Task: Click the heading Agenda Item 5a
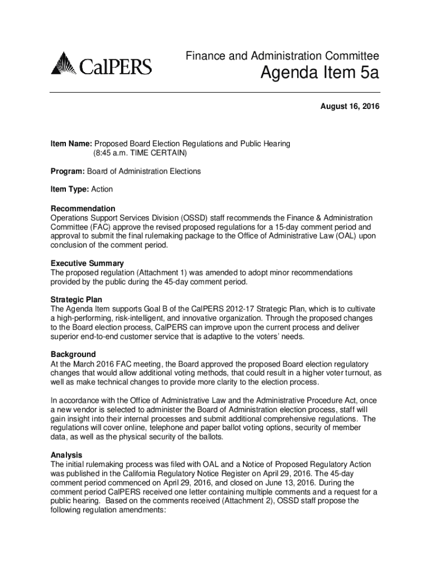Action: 317,73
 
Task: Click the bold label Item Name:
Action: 71,144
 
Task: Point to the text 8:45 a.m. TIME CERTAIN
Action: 140,152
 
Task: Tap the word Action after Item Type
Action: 102,190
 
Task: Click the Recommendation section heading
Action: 83,208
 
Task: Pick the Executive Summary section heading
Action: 87,263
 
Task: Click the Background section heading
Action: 73,354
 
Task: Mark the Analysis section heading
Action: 66,455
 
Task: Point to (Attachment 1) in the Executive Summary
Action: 156,273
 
